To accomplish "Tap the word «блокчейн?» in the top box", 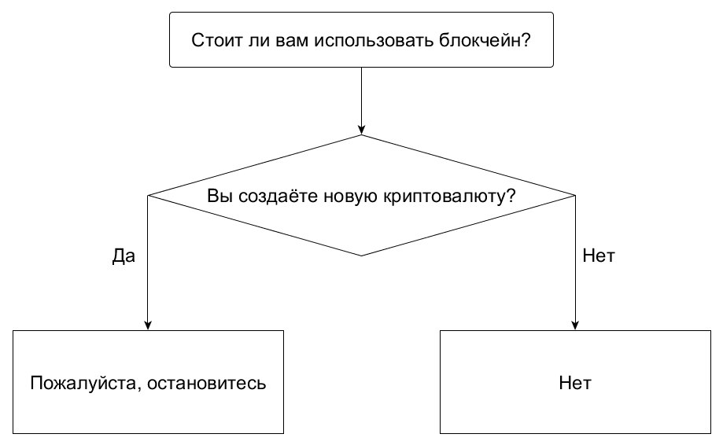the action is (x=485, y=41).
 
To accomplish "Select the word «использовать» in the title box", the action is (x=374, y=41).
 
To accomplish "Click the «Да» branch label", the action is (x=124, y=256).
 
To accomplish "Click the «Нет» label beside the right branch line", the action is (x=599, y=256).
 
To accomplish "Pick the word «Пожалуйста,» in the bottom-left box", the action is (x=86, y=383).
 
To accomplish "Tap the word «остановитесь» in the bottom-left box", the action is (x=207, y=383).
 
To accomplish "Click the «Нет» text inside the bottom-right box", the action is (x=575, y=383).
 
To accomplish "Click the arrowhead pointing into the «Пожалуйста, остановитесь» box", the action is (x=148, y=325).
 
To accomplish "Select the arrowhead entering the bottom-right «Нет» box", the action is (x=575, y=325).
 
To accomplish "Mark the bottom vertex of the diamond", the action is (x=362, y=256).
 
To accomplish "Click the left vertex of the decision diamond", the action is (x=148, y=196).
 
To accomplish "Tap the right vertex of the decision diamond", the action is (x=575, y=196).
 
